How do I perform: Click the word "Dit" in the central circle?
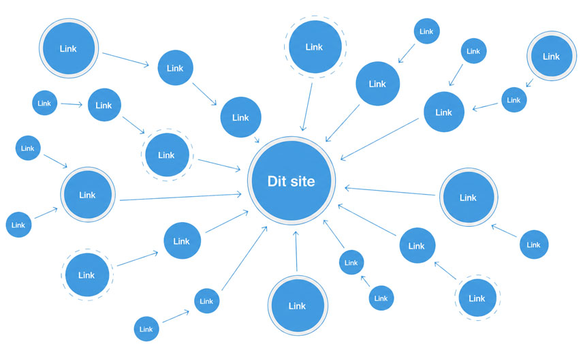277,181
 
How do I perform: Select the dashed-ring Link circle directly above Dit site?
315,47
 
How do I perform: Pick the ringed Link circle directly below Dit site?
298,306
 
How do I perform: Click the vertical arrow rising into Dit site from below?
296,251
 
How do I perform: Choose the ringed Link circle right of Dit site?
469,197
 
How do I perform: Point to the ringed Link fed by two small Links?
88,194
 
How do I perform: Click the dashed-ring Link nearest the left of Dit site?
167,155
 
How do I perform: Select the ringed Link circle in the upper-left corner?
69,48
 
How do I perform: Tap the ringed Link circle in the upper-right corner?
552,56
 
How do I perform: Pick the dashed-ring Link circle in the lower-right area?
477,298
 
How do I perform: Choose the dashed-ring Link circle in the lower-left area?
87,274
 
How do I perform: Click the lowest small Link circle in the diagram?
146,329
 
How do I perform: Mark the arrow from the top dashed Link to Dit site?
307,107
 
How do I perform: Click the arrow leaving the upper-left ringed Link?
126,59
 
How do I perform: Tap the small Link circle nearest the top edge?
426,31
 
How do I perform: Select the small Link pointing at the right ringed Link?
533,245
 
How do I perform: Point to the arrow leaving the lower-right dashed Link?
445,270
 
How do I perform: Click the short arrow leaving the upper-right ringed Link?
529,83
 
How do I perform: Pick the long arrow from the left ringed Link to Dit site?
180,197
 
